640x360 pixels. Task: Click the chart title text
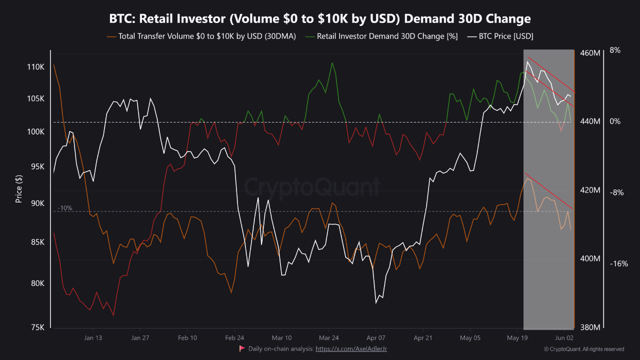pyautogui.click(x=320, y=19)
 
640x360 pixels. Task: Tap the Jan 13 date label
pyautogui.click(x=93, y=337)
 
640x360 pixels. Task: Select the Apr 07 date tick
pyautogui.click(x=375, y=337)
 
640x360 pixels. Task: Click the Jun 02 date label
pyautogui.click(x=564, y=337)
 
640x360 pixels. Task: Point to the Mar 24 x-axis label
pyautogui.click(x=328, y=337)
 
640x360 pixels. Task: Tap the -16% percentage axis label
pyautogui.click(x=618, y=263)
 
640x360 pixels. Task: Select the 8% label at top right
pyautogui.click(x=615, y=50)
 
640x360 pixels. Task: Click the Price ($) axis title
pyautogui.click(x=19, y=188)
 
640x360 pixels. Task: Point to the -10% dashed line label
pyautogui.click(x=65, y=208)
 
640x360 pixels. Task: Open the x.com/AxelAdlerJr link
pyautogui.click(x=351, y=348)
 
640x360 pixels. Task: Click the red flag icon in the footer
pyautogui.click(x=242, y=348)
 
